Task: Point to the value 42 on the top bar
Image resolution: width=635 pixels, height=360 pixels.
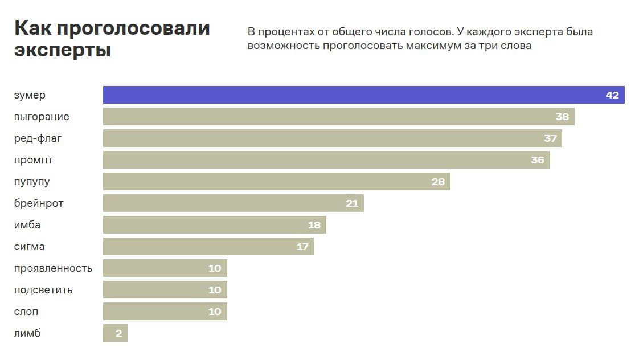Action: [x=612, y=95]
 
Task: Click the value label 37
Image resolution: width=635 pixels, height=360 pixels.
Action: [x=550, y=138]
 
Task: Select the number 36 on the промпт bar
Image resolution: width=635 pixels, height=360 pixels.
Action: [x=537, y=160]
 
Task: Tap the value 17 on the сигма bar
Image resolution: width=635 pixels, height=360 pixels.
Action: [x=302, y=247]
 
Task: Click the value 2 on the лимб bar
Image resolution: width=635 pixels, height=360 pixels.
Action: [x=118, y=333]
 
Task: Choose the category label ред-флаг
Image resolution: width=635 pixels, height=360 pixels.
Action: [x=38, y=138]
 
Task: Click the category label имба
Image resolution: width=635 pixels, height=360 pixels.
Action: [x=27, y=225]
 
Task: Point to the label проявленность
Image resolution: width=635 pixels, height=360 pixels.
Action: [x=53, y=268]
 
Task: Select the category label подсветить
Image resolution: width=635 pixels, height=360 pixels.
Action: [x=43, y=290]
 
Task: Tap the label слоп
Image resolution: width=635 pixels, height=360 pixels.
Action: [x=26, y=312]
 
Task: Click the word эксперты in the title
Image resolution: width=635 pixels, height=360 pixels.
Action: [x=62, y=50]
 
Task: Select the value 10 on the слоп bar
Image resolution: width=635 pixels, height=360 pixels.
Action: [x=214, y=312]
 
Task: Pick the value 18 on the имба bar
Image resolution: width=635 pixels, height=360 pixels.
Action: [x=314, y=225]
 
